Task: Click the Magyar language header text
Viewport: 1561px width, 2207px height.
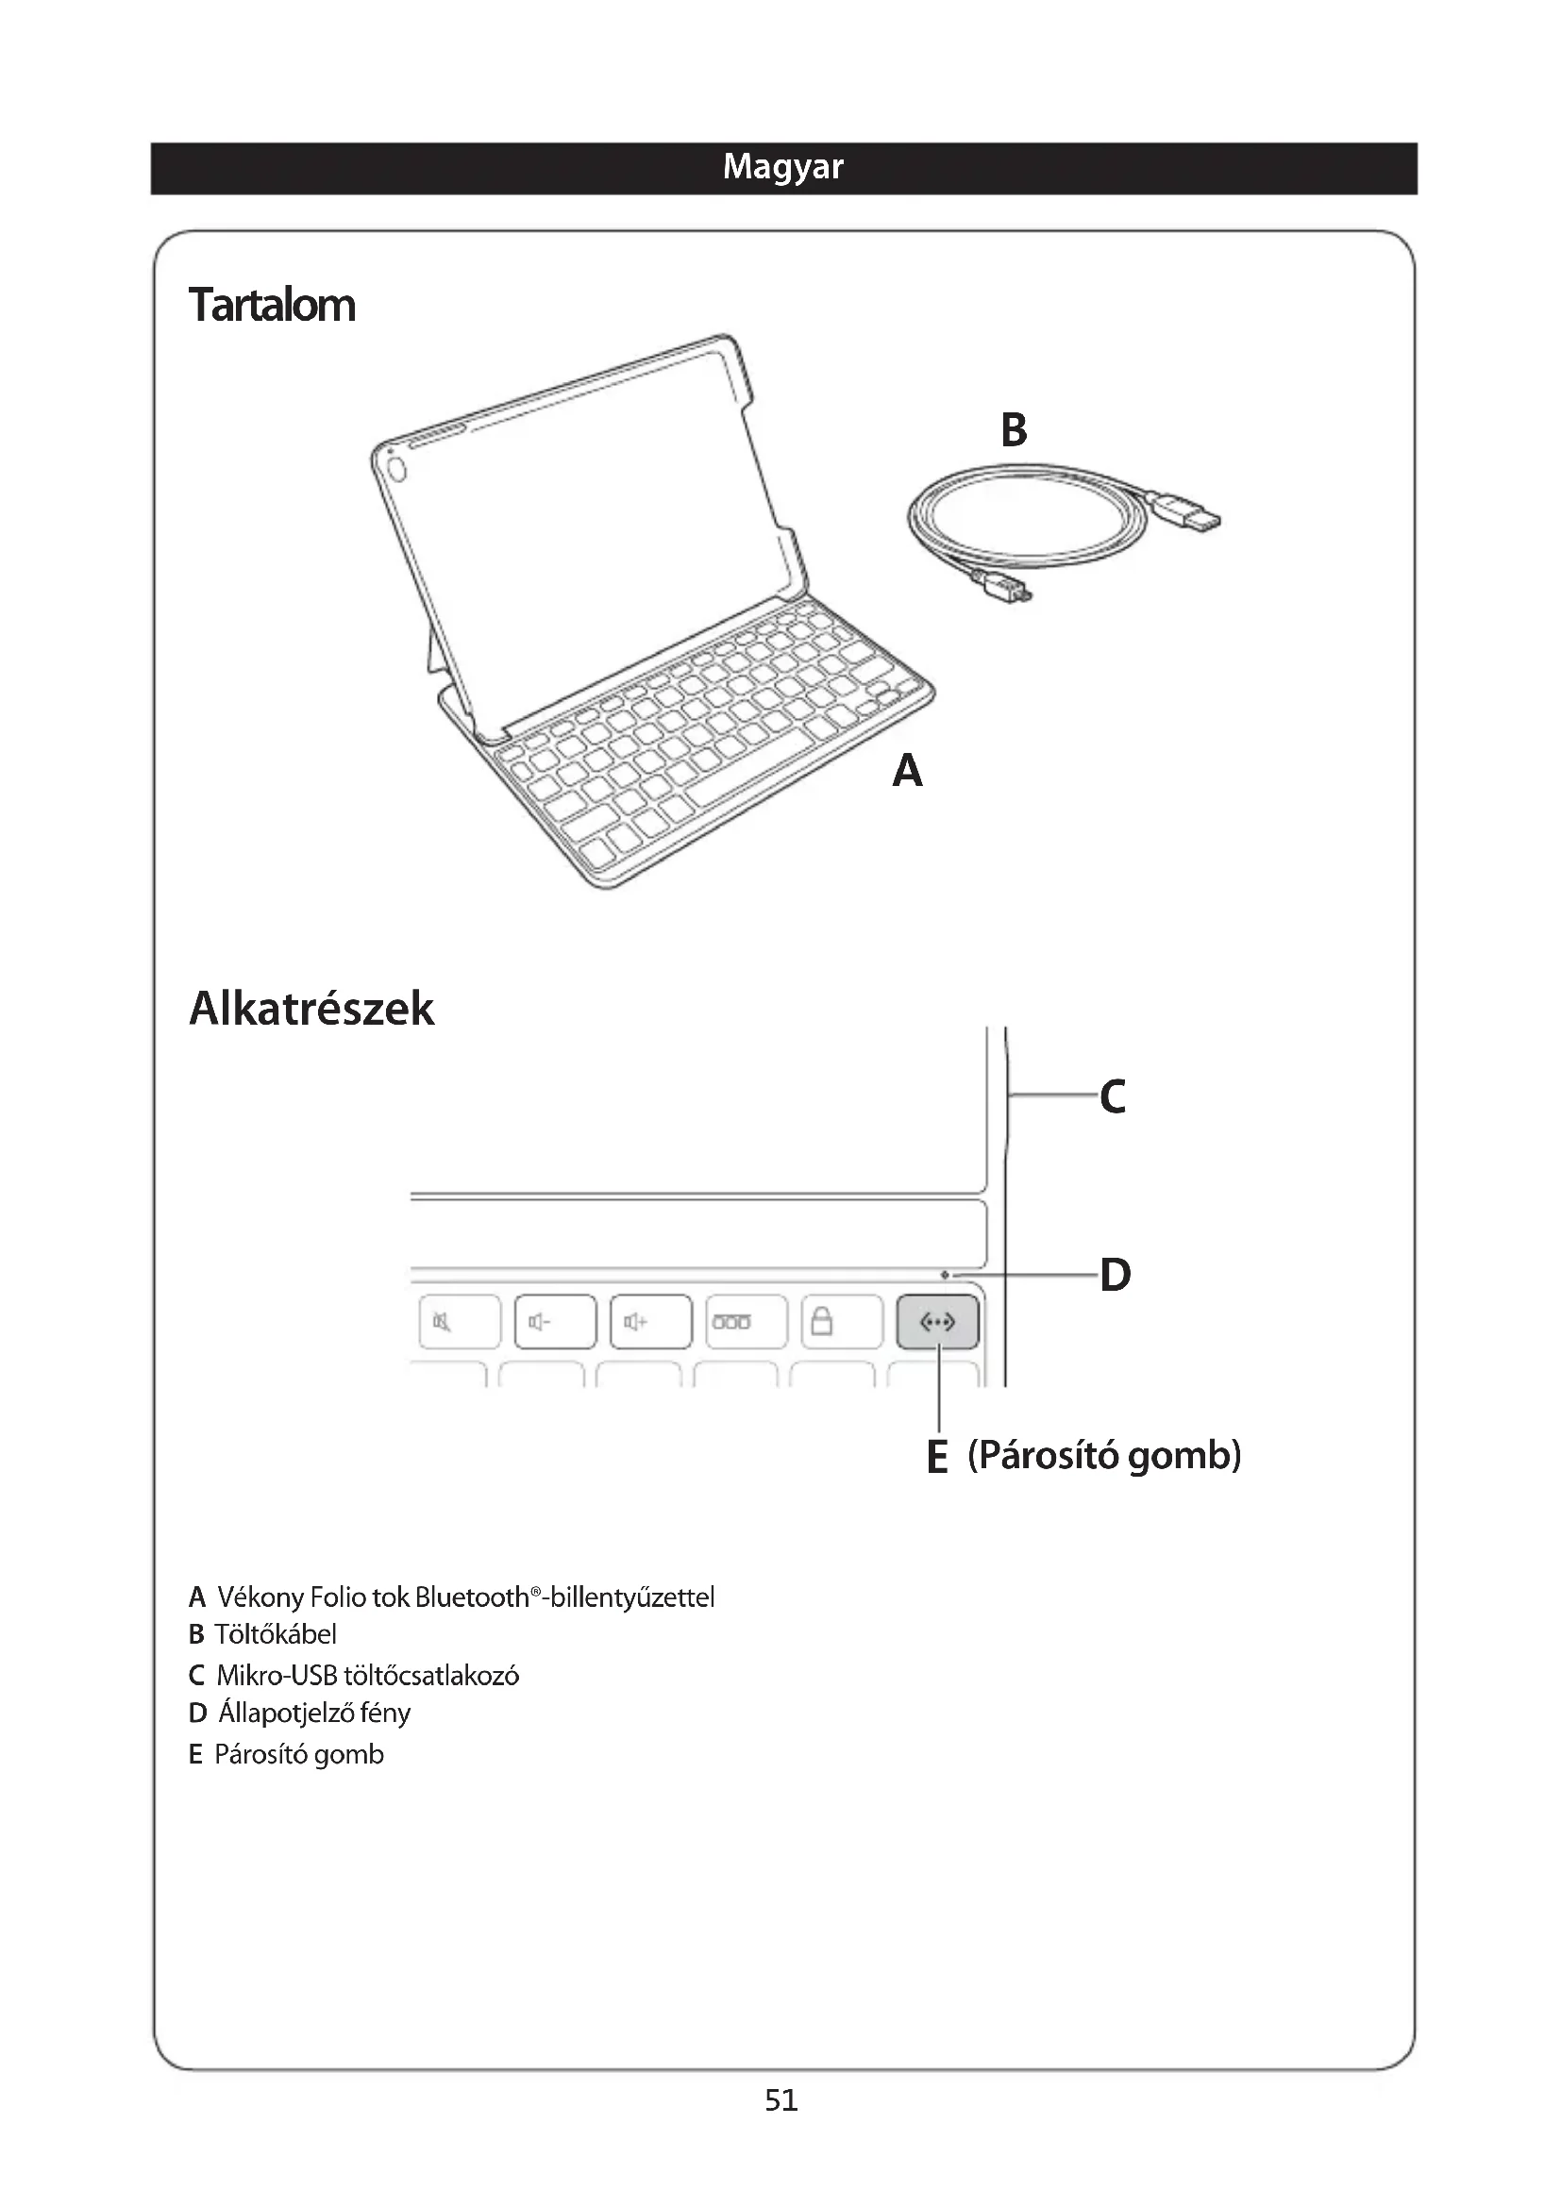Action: coord(782,167)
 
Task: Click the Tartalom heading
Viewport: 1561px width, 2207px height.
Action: coord(272,306)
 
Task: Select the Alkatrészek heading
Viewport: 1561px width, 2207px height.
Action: coord(311,1009)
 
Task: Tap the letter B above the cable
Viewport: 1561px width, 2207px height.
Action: coord(1014,429)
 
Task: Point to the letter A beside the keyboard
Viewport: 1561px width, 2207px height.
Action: coord(906,771)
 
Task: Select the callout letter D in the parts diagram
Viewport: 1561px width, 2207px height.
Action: coord(1115,1275)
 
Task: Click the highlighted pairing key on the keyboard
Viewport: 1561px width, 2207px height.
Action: coord(937,1322)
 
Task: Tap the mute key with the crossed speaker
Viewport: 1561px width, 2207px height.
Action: coord(460,1322)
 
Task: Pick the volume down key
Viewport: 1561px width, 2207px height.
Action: coord(555,1322)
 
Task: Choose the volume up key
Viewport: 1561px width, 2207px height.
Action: coord(651,1322)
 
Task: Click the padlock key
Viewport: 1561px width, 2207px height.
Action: coord(841,1322)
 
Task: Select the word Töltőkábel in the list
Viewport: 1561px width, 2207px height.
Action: coord(275,1634)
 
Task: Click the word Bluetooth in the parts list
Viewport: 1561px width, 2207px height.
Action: coord(472,1597)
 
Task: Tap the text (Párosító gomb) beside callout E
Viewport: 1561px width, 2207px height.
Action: coord(1103,1455)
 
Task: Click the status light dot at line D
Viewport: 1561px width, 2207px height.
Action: coord(945,1275)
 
